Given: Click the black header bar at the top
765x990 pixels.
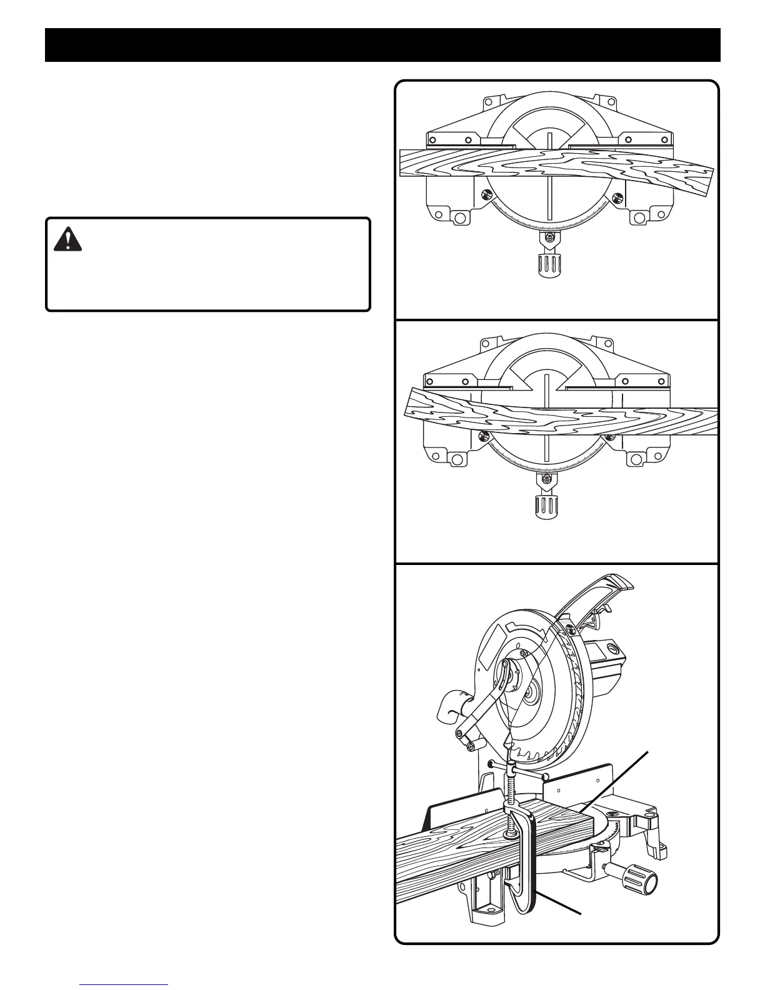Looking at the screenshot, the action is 382,45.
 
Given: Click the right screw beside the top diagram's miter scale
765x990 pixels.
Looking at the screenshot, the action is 616,197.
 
